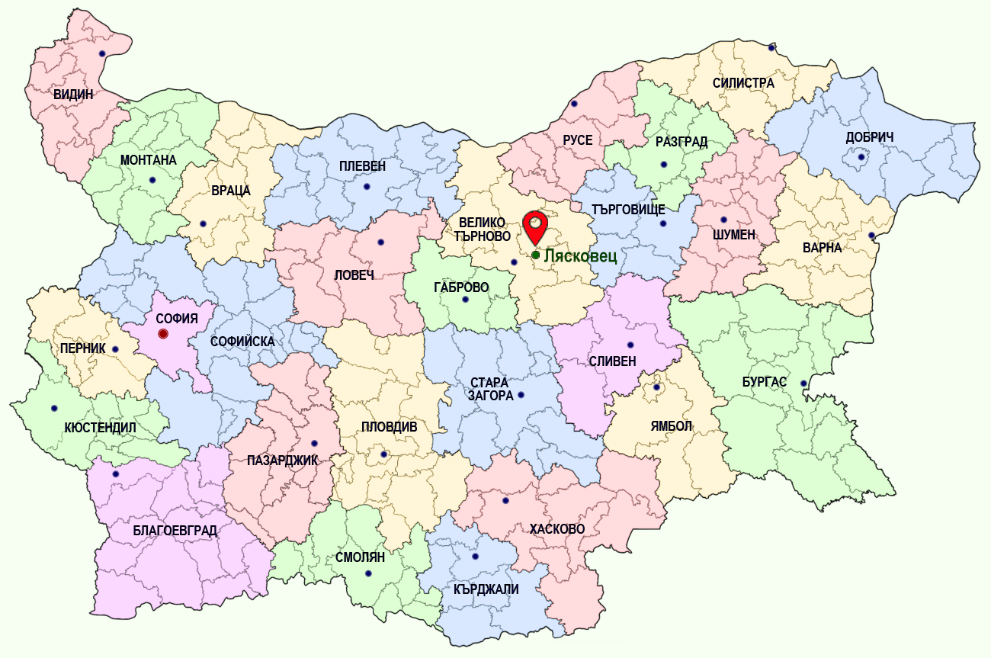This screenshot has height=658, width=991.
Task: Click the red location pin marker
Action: click(536, 226)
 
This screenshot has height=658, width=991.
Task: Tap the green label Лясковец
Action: click(580, 255)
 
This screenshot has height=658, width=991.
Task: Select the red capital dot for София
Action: click(162, 334)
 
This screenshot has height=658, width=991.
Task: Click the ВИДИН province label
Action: click(73, 95)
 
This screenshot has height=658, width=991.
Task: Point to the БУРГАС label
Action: click(764, 381)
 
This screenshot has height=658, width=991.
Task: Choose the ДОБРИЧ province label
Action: click(869, 137)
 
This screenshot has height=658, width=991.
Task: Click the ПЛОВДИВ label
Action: click(389, 427)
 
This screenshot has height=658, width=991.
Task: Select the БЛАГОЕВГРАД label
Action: click(175, 531)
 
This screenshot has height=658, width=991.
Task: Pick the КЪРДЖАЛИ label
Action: click(486, 589)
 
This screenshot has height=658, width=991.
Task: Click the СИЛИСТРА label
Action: click(743, 83)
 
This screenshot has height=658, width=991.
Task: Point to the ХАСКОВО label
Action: click(557, 528)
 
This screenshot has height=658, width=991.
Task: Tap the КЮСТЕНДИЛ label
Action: click(101, 428)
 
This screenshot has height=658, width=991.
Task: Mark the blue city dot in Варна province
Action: click(872, 236)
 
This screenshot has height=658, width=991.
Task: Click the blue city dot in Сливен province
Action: click(630, 345)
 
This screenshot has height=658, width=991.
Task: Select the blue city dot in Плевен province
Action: click(367, 187)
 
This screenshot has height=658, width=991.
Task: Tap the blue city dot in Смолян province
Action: click(368, 573)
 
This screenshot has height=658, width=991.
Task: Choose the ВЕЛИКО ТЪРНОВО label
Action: click(483, 229)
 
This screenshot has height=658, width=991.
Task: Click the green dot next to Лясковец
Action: click(536, 255)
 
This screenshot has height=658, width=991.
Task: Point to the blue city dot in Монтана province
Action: click(152, 181)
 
